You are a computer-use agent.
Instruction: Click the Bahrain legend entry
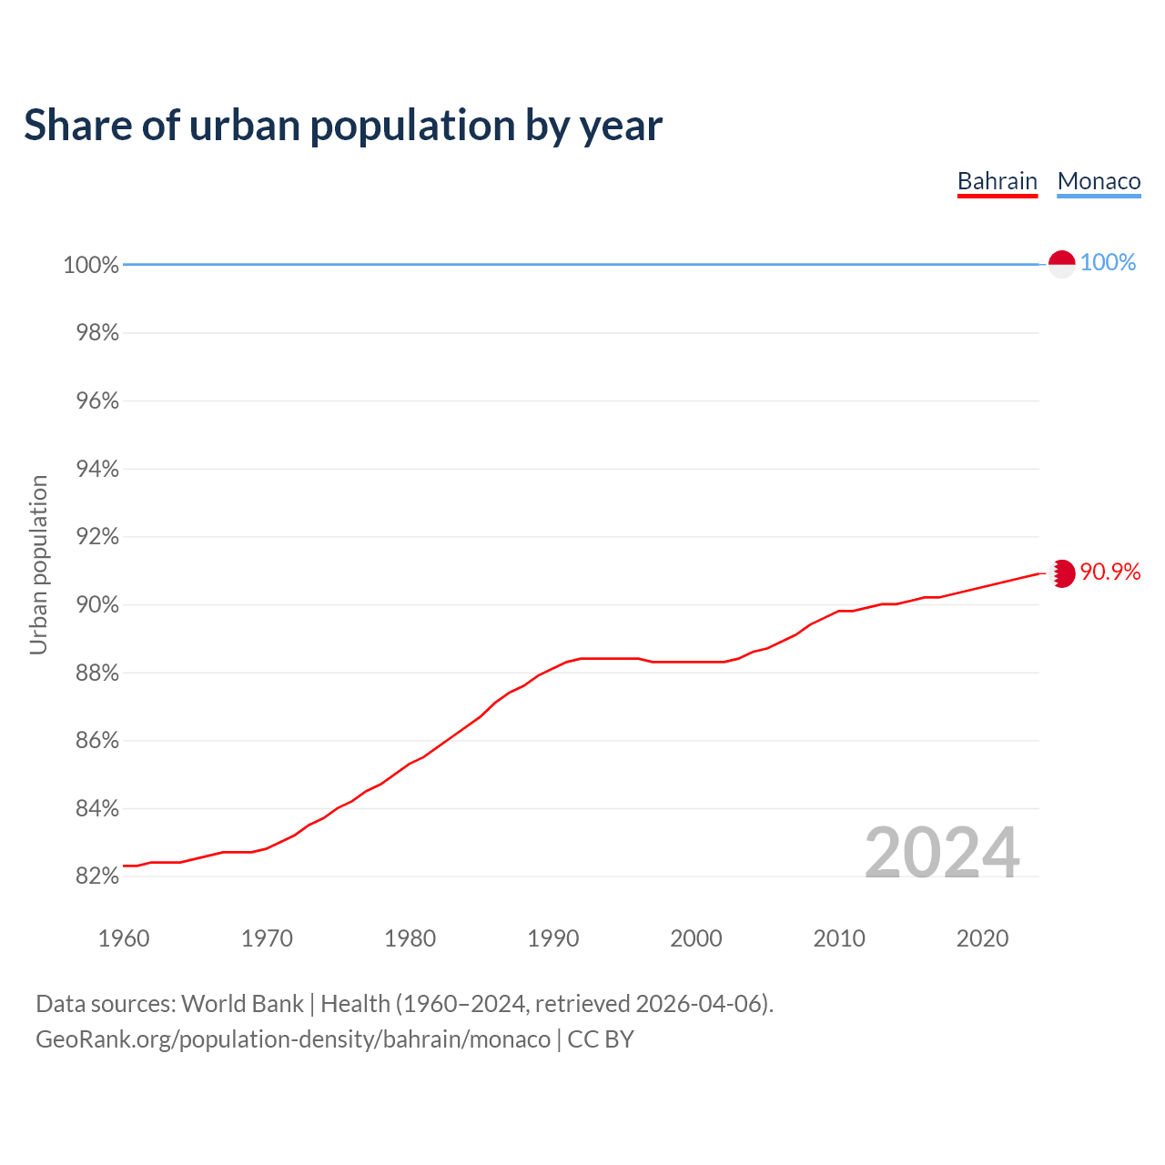pos(998,182)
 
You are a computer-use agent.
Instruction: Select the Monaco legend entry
pos(1099,182)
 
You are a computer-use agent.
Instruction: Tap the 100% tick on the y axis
pos(91,265)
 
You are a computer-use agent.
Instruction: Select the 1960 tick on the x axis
pos(124,938)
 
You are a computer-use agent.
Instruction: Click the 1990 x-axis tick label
pos(552,938)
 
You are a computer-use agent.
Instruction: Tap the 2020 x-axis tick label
pos(982,938)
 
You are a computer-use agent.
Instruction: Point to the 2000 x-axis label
pos(695,938)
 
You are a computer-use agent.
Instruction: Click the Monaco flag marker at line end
pos(1061,264)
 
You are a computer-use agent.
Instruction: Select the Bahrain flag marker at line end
pos(1062,573)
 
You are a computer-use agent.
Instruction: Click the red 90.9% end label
pos(1110,572)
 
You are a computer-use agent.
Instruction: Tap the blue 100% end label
pos(1108,263)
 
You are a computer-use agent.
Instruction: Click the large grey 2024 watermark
pos(941,853)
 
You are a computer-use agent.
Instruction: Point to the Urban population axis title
pos(38,564)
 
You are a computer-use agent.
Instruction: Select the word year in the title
pos(622,126)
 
